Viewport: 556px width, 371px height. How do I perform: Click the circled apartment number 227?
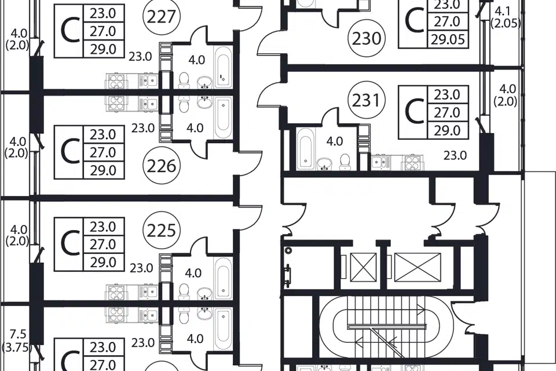point(161,17)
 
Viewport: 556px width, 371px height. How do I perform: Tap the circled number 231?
point(367,101)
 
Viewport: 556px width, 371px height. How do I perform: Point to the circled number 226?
point(161,167)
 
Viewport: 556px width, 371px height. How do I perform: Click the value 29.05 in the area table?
point(447,39)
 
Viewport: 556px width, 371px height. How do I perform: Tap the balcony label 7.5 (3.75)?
point(17,342)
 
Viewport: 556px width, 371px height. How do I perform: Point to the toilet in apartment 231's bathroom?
point(344,159)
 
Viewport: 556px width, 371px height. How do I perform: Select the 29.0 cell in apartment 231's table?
point(447,130)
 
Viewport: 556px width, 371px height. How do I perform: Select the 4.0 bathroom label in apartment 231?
point(334,141)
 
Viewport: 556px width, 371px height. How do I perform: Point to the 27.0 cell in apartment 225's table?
point(103,244)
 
